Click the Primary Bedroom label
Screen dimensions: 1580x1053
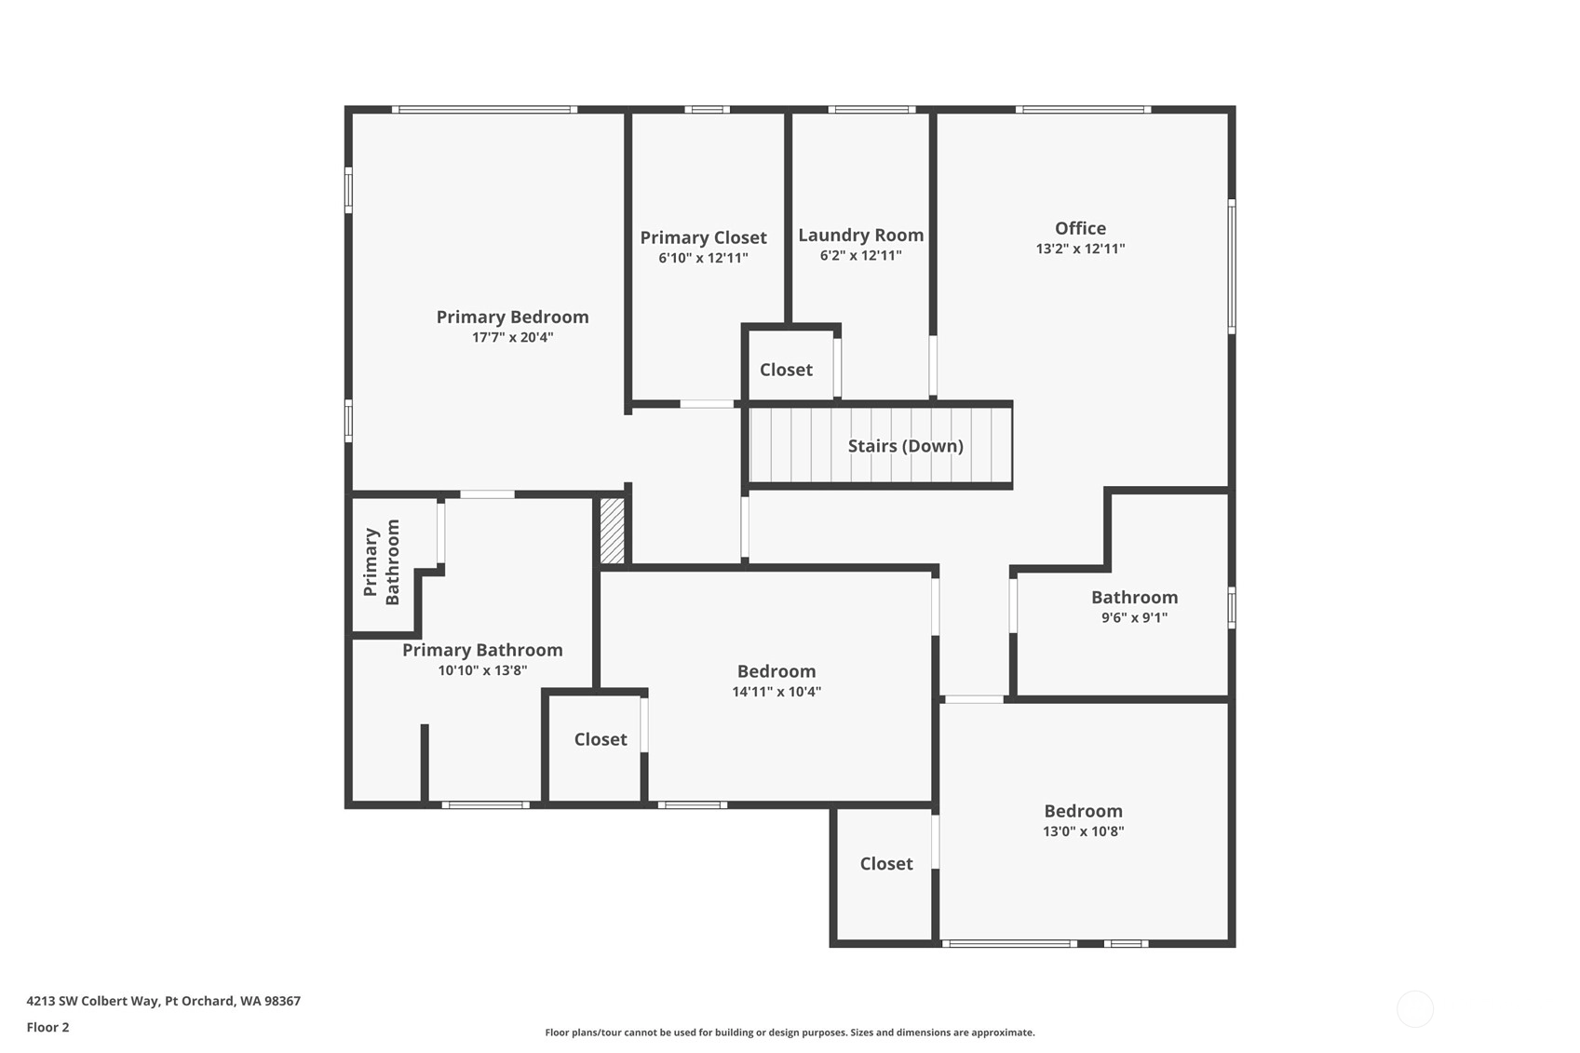512,317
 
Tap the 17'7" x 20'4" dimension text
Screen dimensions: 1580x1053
512,337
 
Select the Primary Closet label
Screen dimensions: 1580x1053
703,237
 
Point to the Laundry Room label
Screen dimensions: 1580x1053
860,235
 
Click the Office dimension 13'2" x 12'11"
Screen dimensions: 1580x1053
1080,249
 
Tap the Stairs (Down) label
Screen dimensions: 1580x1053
905,446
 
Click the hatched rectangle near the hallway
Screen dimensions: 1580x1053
612,531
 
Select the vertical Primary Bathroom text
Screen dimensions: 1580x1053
382,562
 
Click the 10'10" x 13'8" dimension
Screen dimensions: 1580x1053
482,670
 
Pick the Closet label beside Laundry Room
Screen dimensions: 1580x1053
786,370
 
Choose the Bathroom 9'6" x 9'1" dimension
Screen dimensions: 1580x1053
1134,618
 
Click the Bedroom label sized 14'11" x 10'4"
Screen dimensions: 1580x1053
776,670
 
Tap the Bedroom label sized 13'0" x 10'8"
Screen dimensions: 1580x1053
1083,811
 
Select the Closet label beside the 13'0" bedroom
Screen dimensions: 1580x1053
886,863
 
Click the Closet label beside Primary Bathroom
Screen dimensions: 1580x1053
601,739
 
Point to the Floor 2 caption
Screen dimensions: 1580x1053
48,1027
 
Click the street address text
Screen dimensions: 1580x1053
164,1001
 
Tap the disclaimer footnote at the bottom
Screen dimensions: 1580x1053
790,1033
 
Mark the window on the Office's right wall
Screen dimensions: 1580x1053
1232,266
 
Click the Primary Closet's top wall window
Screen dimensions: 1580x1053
707,109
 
